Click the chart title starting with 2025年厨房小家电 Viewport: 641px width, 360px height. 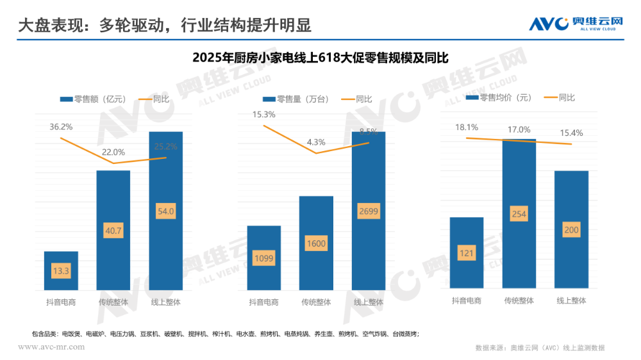(x=320, y=58)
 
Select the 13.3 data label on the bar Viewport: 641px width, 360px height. (x=61, y=271)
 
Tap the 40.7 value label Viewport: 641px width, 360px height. (x=113, y=231)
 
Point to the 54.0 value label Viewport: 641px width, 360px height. (x=166, y=211)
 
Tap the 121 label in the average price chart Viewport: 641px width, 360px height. (x=466, y=253)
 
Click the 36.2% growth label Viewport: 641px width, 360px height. (x=61, y=127)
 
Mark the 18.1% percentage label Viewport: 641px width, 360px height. (x=466, y=127)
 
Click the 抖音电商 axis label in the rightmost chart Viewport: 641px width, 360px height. (x=466, y=300)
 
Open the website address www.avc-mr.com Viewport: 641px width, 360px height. (x=51, y=347)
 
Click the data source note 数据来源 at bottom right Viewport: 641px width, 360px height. (x=539, y=348)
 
